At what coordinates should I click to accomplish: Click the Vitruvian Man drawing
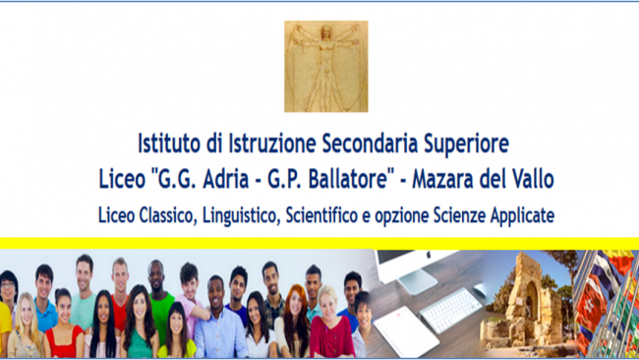click(x=325, y=67)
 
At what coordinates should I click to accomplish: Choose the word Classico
click(x=165, y=213)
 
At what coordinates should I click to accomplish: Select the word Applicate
click(x=516, y=213)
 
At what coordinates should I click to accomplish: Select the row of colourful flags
click(x=610, y=300)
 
